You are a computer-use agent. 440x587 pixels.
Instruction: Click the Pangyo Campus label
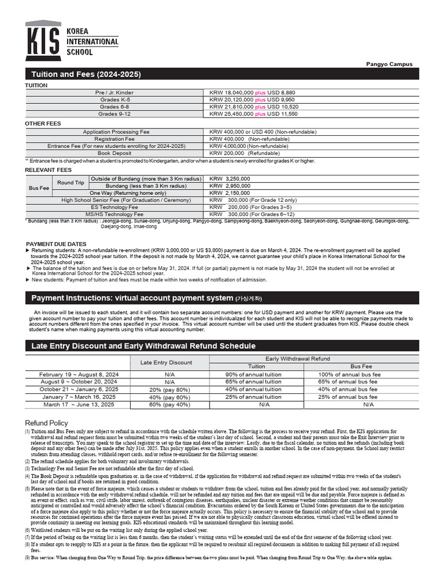(389, 64)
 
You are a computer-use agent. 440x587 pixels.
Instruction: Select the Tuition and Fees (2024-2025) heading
(86, 75)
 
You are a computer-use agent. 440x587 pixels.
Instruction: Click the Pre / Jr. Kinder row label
(114, 92)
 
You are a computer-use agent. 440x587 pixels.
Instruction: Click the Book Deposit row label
(114, 154)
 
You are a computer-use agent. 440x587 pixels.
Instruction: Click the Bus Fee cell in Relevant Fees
(39, 188)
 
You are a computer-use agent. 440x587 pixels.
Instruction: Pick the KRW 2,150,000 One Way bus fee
(230, 193)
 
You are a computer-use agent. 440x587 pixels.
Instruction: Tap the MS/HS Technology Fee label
(114, 214)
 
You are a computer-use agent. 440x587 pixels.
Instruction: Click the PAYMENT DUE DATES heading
(56, 244)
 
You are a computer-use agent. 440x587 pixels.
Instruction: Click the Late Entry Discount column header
(166, 362)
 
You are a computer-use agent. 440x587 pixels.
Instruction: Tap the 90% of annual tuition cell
(253, 374)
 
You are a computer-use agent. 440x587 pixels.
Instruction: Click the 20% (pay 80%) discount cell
(170, 389)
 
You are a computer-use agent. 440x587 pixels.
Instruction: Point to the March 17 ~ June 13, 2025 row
(78, 404)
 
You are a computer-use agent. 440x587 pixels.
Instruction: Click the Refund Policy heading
(46, 423)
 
